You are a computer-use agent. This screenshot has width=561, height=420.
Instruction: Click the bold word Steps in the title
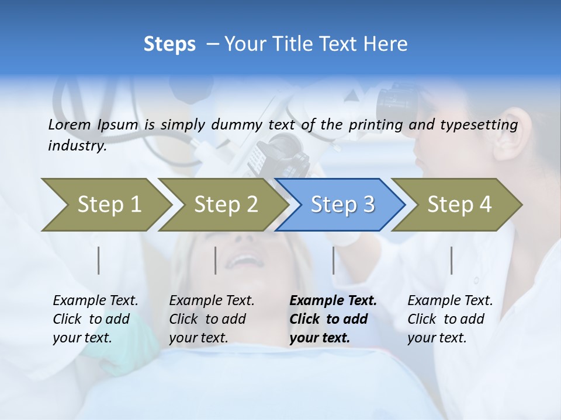pyautogui.click(x=169, y=44)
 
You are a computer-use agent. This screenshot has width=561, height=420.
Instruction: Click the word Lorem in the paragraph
pyautogui.click(x=70, y=124)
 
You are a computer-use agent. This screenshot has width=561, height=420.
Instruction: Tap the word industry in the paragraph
pyautogui.click(x=77, y=146)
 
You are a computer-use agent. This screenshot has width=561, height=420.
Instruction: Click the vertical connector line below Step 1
pyautogui.click(x=99, y=260)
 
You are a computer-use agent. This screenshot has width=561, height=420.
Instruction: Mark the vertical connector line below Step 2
pyautogui.click(x=216, y=260)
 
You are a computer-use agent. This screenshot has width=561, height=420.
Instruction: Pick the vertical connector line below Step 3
pyautogui.click(x=334, y=260)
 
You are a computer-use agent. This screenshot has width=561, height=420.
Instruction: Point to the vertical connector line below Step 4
pyautogui.click(x=452, y=260)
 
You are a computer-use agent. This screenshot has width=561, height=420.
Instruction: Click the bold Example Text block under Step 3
pyautogui.click(x=333, y=319)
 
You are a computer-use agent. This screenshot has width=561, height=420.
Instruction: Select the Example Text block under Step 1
pyautogui.click(x=95, y=319)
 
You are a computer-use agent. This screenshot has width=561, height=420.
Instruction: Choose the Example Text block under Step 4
pyautogui.click(x=450, y=319)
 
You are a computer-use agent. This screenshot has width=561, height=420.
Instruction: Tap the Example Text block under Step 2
pyautogui.click(x=212, y=319)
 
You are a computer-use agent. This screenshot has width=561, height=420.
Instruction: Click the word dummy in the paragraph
pyautogui.click(x=237, y=125)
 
